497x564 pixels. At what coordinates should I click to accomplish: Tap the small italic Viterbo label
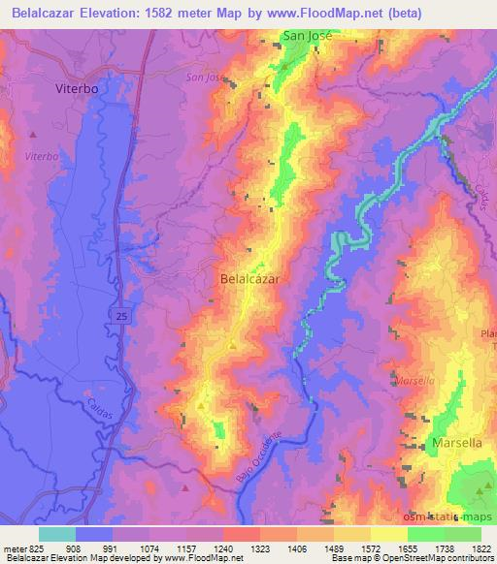pyautogui.click(x=43, y=155)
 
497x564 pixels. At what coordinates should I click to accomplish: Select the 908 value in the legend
pyautogui.click(x=74, y=548)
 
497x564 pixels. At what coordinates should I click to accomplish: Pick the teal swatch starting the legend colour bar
pyautogui.click(x=56, y=534)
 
